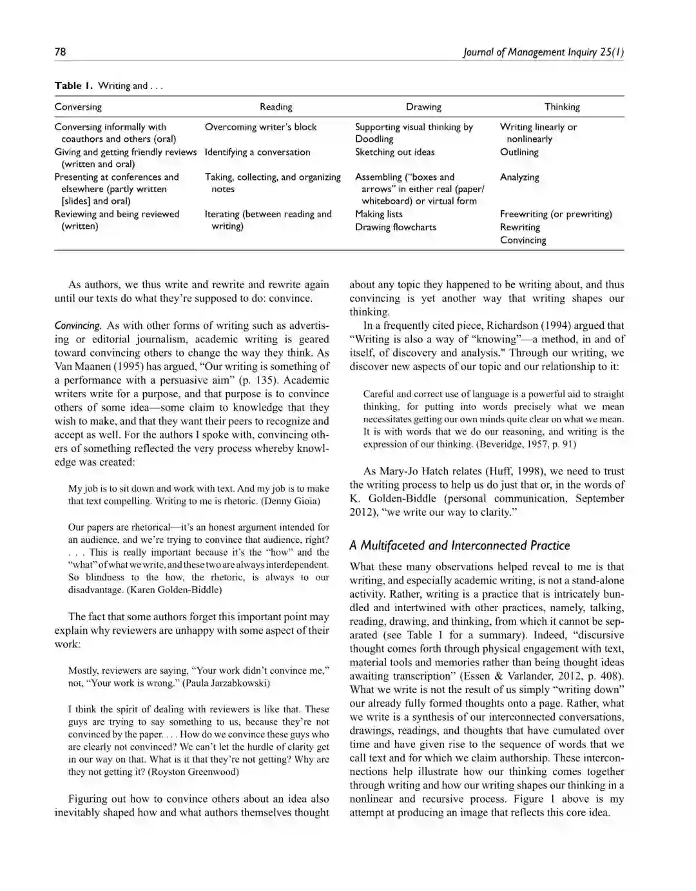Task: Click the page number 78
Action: coord(60,52)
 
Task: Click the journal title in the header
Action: coord(543,52)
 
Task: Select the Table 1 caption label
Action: coord(73,86)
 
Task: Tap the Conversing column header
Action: coord(78,107)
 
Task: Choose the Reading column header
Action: coord(276,107)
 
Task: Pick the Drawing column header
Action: coord(423,107)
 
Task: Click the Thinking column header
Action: coord(562,107)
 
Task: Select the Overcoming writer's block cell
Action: coord(260,127)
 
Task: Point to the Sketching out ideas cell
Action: coord(394,152)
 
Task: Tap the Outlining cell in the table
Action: coord(519,152)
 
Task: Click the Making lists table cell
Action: coord(378,214)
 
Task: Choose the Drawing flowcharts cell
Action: coord(395,227)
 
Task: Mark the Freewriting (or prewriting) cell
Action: coord(556,214)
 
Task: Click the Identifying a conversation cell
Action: coord(257,152)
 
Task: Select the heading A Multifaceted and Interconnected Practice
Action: coord(459,545)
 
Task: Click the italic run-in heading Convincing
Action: coord(77,326)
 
